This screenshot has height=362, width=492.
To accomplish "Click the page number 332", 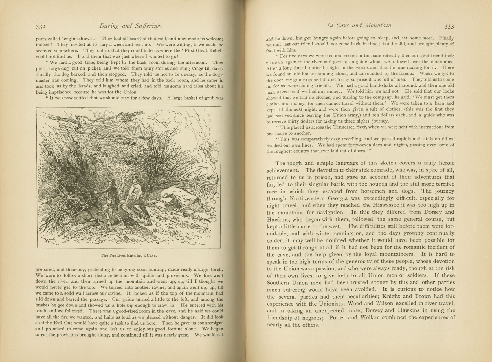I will click(x=41, y=27).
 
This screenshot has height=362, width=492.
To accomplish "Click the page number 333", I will click(x=449, y=27).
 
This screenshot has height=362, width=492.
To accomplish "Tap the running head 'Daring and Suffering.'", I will click(x=130, y=26).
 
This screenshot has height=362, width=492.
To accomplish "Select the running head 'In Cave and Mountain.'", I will click(x=360, y=25).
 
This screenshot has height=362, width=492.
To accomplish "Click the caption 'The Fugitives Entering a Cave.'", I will click(x=128, y=255).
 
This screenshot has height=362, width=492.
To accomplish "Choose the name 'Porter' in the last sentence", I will click(x=337, y=317).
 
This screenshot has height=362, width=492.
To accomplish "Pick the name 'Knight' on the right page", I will click(x=391, y=296).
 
